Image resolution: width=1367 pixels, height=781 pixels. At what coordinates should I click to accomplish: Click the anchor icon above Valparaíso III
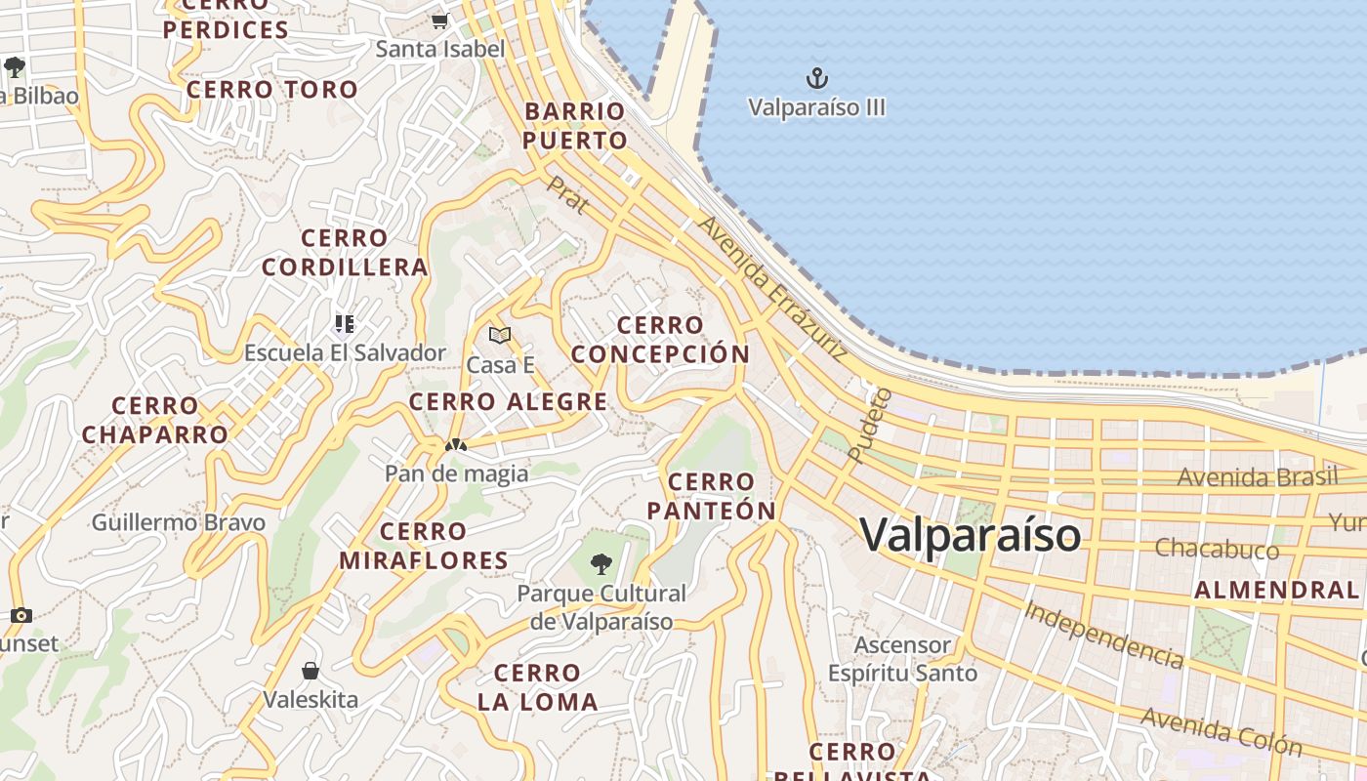click(x=816, y=77)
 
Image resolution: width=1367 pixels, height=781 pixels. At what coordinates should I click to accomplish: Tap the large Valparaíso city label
click(x=971, y=534)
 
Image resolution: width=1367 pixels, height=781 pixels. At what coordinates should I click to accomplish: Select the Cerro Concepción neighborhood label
click(x=660, y=340)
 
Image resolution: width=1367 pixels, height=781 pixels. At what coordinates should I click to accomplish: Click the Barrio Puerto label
click(x=574, y=126)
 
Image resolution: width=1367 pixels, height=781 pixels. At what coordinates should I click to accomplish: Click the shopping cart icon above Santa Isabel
click(x=439, y=21)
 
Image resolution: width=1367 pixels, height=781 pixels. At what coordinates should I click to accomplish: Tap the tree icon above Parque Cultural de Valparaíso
click(x=601, y=563)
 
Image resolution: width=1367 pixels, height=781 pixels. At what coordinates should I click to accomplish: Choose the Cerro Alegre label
click(x=508, y=401)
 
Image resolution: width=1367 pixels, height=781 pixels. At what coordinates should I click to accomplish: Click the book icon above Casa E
click(x=500, y=336)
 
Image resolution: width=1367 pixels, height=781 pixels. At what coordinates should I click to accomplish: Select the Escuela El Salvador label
click(x=345, y=352)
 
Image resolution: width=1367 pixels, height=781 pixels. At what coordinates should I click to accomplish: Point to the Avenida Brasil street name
click(x=1257, y=477)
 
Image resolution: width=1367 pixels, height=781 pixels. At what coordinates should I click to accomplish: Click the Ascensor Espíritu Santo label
click(x=902, y=659)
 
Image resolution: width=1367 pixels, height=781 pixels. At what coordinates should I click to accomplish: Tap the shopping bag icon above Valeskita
click(x=311, y=671)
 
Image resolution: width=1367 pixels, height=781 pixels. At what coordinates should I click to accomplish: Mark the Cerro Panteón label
click(x=711, y=496)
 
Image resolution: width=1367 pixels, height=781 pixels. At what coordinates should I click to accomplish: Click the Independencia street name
click(x=1103, y=635)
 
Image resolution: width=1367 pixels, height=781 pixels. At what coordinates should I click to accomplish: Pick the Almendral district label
click(x=1276, y=590)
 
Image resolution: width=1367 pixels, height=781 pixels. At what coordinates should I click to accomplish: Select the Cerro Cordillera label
click(x=345, y=253)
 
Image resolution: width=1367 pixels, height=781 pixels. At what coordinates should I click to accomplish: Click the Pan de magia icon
click(x=455, y=445)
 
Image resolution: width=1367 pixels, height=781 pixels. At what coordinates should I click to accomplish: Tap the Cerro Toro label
click(x=272, y=90)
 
